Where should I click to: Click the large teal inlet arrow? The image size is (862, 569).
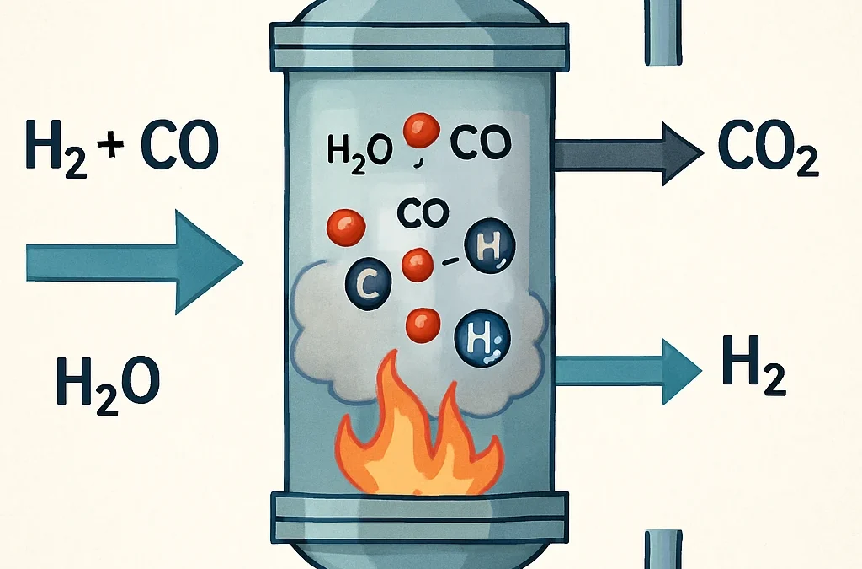click(126, 261)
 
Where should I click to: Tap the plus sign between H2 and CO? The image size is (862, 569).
click(104, 146)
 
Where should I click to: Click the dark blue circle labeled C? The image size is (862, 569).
click(368, 284)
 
